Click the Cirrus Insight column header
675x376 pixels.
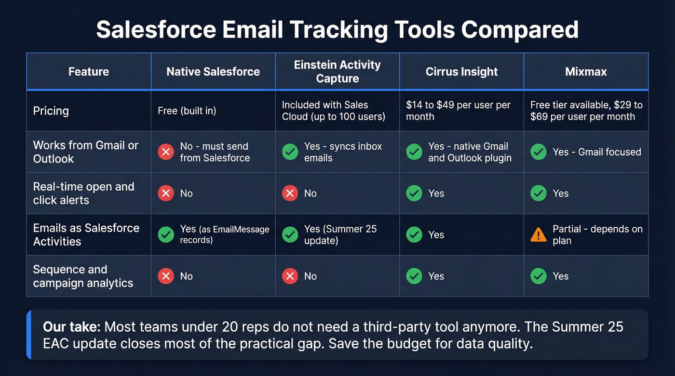[x=461, y=72]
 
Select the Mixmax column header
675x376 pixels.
[x=586, y=72]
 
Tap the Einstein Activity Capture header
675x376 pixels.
[x=337, y=71]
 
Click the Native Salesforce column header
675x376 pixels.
[x=213, y=72]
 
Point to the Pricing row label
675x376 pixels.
[x=51, y=111]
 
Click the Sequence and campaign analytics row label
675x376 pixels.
[x=83, y=276]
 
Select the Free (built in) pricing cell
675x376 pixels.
[x=187, y=111]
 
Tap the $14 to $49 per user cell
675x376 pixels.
[x=458, y=111]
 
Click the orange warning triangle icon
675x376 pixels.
[x=538, y=234]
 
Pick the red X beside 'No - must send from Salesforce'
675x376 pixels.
[x=166, y=152]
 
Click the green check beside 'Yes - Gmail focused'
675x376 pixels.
[x=538, y=152]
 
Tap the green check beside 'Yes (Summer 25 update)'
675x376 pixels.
[x=290, y=234]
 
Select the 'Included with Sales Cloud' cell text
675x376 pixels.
[x=333, y=111]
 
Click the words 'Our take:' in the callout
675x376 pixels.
[x=71, y=327]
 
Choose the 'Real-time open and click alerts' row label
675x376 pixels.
[x=83, y=193]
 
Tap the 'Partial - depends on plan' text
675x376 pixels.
[x=597, y=234]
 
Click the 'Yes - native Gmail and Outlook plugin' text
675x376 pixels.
[x=470, y=152]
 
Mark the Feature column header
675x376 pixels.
[x=89, y=72]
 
